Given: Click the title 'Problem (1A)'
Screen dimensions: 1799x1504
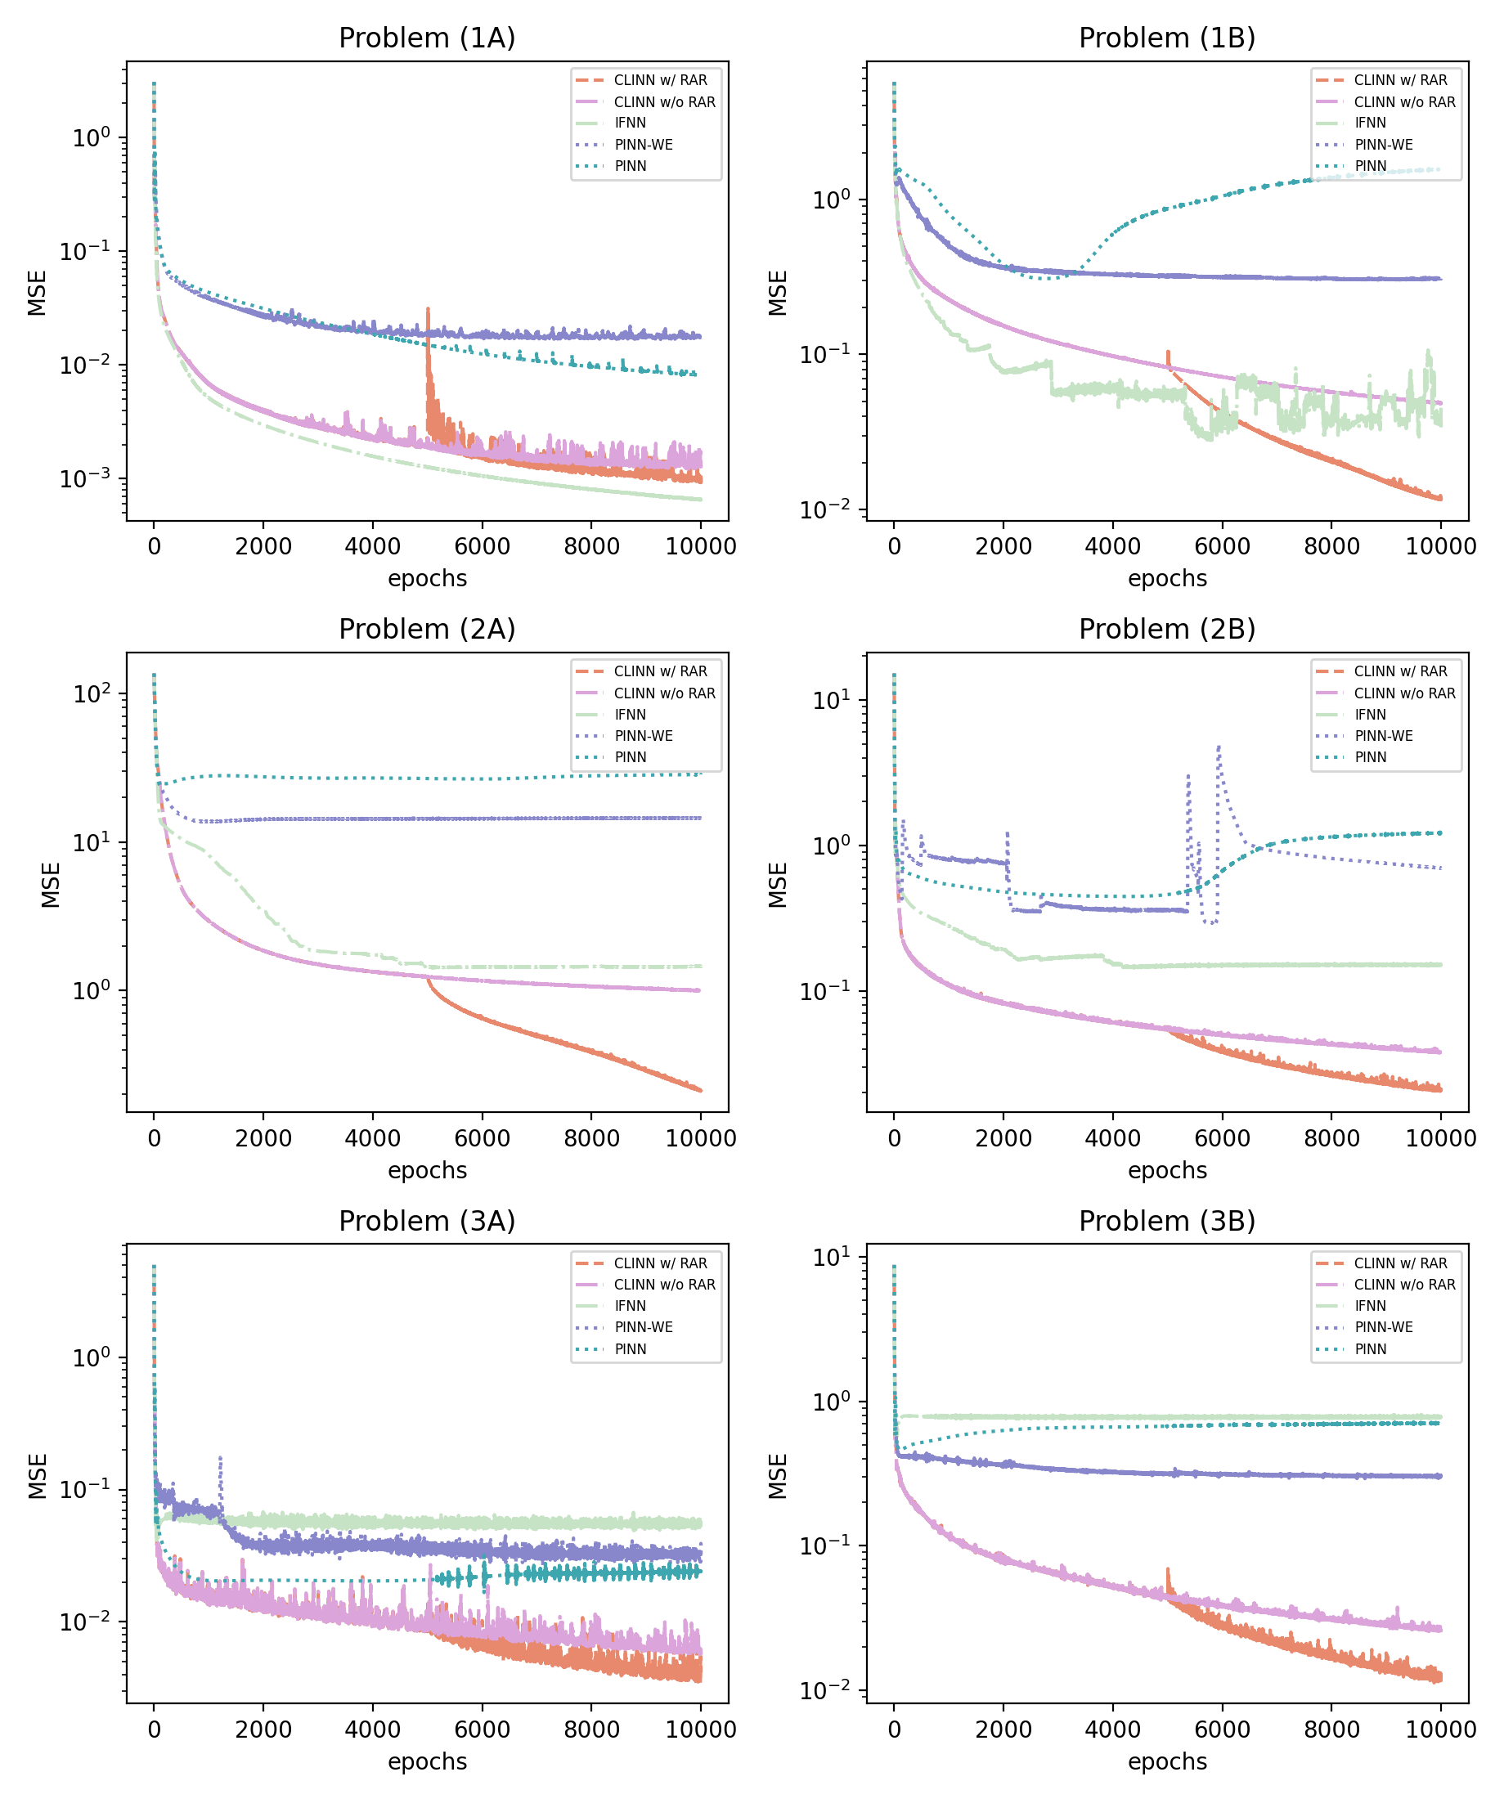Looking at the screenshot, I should [427, 38].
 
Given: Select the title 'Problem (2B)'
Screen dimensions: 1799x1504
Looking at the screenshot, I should [1166, 629].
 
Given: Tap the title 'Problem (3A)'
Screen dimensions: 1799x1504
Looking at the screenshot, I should [427, 1221].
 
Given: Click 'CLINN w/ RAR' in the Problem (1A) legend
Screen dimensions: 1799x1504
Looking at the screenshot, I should [660, 79].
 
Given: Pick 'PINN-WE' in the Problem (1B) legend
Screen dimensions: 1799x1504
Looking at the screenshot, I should [1383, 145].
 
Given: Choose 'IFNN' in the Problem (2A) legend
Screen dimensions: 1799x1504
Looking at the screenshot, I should [630, 715].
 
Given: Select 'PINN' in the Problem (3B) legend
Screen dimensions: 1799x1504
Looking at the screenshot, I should [1371, 1349].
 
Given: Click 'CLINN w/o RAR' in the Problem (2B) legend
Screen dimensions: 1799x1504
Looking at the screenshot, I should [1404, 693].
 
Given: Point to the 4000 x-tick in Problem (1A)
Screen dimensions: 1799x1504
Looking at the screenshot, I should [372, 545].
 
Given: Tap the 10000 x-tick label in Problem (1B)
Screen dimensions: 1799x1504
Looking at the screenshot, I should [1440, 545].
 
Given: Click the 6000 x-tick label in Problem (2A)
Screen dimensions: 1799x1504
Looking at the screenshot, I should [482, 1137].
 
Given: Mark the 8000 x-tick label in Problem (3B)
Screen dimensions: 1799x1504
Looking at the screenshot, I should [1331, 1729].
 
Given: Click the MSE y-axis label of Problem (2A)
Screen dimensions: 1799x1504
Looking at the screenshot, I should [51, 885].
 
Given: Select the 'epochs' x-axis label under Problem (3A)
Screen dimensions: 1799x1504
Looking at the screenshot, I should [427, 1761].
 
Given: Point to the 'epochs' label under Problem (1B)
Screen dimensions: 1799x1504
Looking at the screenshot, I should [1166, 578].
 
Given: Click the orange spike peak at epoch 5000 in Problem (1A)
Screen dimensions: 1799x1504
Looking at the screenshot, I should [428, 309].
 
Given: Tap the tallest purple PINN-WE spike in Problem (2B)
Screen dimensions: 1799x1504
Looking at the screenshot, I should [1219, 747].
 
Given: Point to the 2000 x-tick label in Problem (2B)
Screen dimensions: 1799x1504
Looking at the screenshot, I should [1003, 1137].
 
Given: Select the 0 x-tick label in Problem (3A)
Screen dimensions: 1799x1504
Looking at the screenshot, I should [155, 1729].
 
